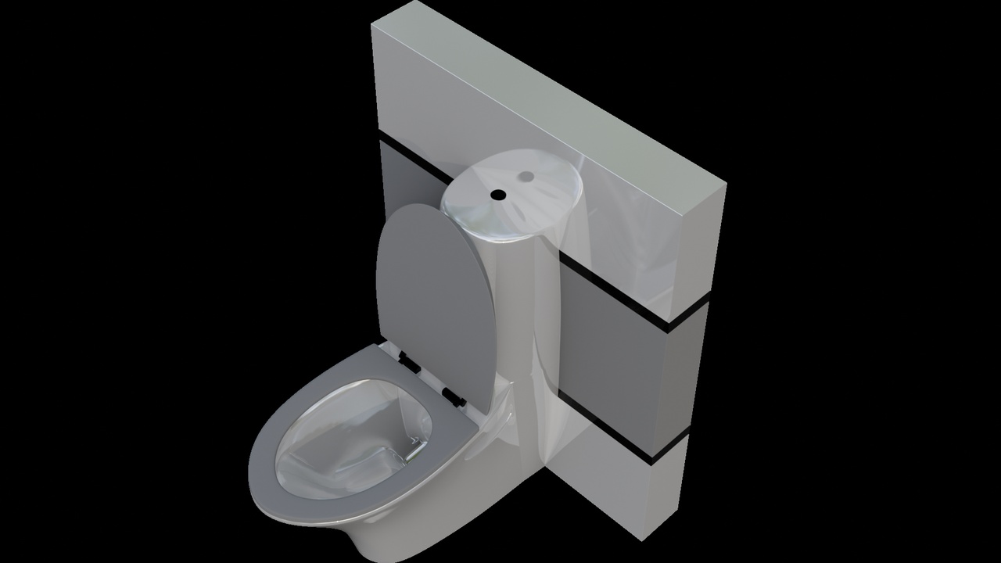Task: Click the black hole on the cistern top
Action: click(497, 193)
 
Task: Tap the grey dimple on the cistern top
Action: click(526, 176)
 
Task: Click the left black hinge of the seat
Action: click(408, 360)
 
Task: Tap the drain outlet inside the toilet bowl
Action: click(391, 457)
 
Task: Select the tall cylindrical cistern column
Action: click(532, 328)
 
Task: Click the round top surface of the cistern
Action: click(512, 195)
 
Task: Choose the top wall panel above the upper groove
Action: click(500, 102)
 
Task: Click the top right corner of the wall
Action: click(726, 186)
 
